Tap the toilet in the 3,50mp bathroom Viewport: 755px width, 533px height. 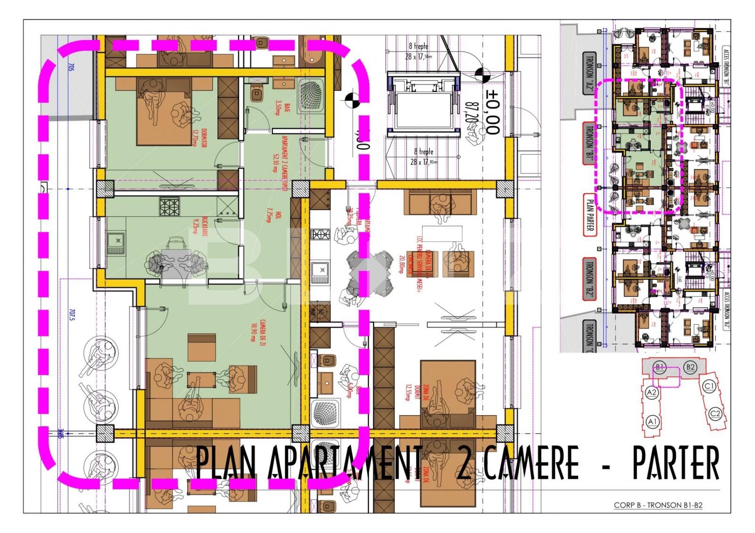pyautogui.click(x=257, y=93)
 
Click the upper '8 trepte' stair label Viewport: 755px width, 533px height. pyautogui.click(x=418, y=47)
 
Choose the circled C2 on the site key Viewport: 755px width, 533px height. pyautogui.click(x=715, y=414)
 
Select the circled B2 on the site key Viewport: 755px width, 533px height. pyautogui.click(x=690, y=367)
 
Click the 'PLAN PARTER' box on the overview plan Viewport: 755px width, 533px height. pyautogui.click(x=589, y=215)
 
